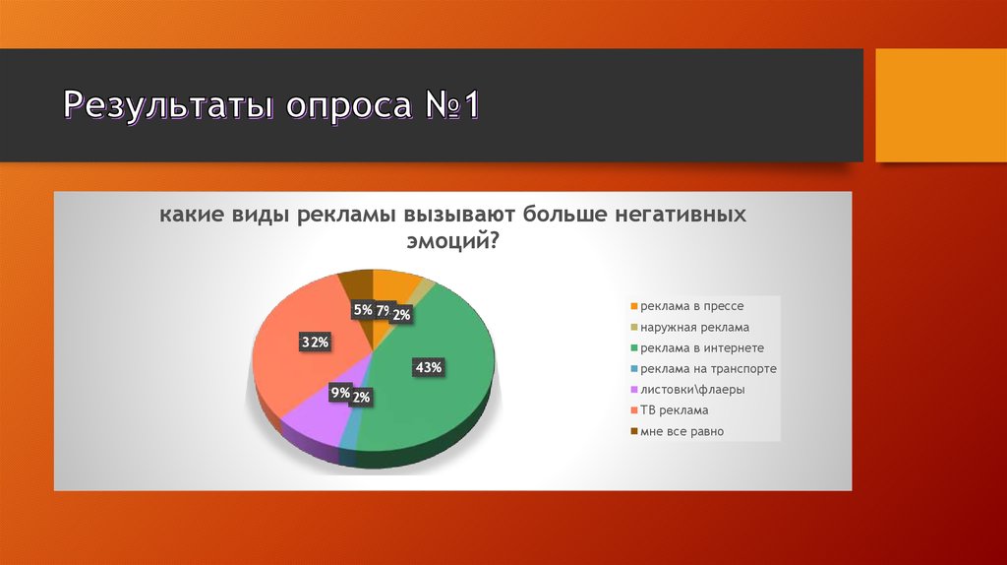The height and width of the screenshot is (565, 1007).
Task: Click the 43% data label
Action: tap(430, 367)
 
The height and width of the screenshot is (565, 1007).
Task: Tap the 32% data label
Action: tap(314, 342)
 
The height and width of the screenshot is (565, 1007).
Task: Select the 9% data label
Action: tap(340, 393)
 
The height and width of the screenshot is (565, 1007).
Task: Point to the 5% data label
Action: tap(363, 310)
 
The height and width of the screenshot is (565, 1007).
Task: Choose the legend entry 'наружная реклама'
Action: tap(694, 327)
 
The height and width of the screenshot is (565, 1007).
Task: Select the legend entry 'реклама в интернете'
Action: tap(701, 347)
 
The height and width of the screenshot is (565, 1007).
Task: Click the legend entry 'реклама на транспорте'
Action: tap(707, 368)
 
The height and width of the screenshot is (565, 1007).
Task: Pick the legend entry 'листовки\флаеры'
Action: tap(691, 389)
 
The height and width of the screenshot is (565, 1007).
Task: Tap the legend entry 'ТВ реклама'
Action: tap(673, 409)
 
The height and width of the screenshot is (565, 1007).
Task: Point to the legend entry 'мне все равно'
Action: tap(681, 430)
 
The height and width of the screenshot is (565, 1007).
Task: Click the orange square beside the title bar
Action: tap(940, 105)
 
